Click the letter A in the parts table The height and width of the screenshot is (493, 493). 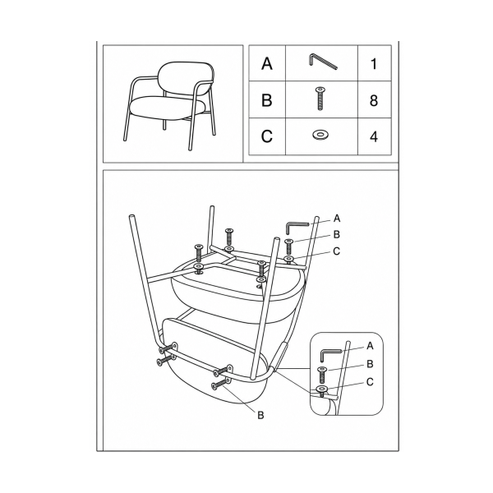266,63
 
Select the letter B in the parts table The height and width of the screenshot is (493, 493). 266,100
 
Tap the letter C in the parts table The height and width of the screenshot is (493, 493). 266,136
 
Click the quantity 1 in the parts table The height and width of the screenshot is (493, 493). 374,64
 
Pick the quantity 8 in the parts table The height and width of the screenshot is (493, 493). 374,100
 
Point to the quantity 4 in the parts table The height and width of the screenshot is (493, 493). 374,136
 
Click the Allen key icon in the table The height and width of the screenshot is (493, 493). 322,61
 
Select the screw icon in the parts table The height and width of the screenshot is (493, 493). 320,99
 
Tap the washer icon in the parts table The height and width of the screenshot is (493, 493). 320,135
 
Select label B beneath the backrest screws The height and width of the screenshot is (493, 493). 260,415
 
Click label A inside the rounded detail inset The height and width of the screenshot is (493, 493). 370,346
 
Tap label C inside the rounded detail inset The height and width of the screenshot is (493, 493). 370,382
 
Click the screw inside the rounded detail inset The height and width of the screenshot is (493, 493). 322,374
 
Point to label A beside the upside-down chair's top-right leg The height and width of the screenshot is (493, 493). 337,219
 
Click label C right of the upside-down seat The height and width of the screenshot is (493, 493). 336,251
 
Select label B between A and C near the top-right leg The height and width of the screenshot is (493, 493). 336,234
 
